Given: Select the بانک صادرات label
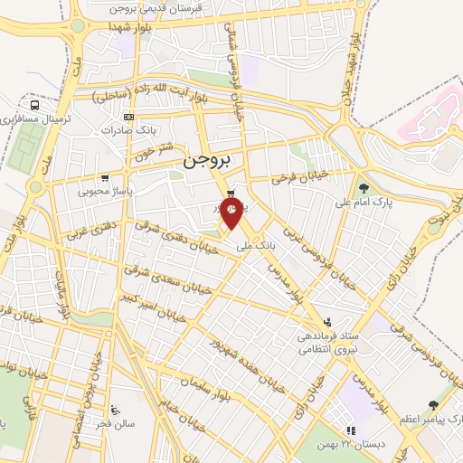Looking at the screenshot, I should [123, 130].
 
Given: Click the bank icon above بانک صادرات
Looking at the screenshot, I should [129, 117].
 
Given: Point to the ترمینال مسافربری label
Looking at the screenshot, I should [34, 118].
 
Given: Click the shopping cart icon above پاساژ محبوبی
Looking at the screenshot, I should [107, 177].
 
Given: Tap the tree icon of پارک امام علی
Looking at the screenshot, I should [364, 188].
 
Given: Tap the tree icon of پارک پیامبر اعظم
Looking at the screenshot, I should [431, 405].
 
